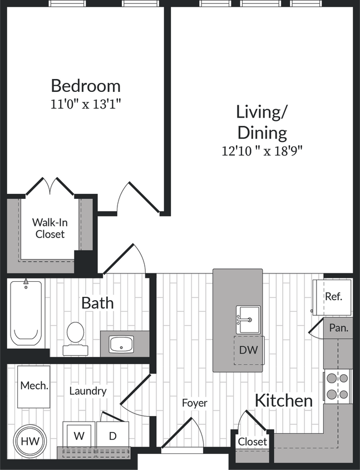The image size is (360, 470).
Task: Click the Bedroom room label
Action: coord(86,86)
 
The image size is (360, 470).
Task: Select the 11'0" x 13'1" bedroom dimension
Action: coord(86,104)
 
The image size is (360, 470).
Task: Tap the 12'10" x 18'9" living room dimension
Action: coord(262,150)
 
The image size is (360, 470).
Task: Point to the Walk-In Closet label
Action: coord(50,228)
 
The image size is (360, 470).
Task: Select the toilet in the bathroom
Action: coord(75,336)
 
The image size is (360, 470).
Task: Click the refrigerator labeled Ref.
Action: coord(333,296)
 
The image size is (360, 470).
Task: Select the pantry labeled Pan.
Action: coord(338,328)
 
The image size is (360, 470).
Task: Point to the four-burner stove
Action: coord(338,386)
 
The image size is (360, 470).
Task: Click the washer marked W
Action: coord(79,435)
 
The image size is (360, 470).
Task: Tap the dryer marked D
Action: coord(112,435)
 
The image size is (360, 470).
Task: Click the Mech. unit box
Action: coord(34,385)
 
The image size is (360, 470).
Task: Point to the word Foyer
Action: coord(195,403)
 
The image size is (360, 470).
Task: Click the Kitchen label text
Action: coord(284,400)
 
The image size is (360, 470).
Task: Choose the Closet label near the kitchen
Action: coord(253,442)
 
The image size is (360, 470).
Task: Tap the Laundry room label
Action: coord(88,391)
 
